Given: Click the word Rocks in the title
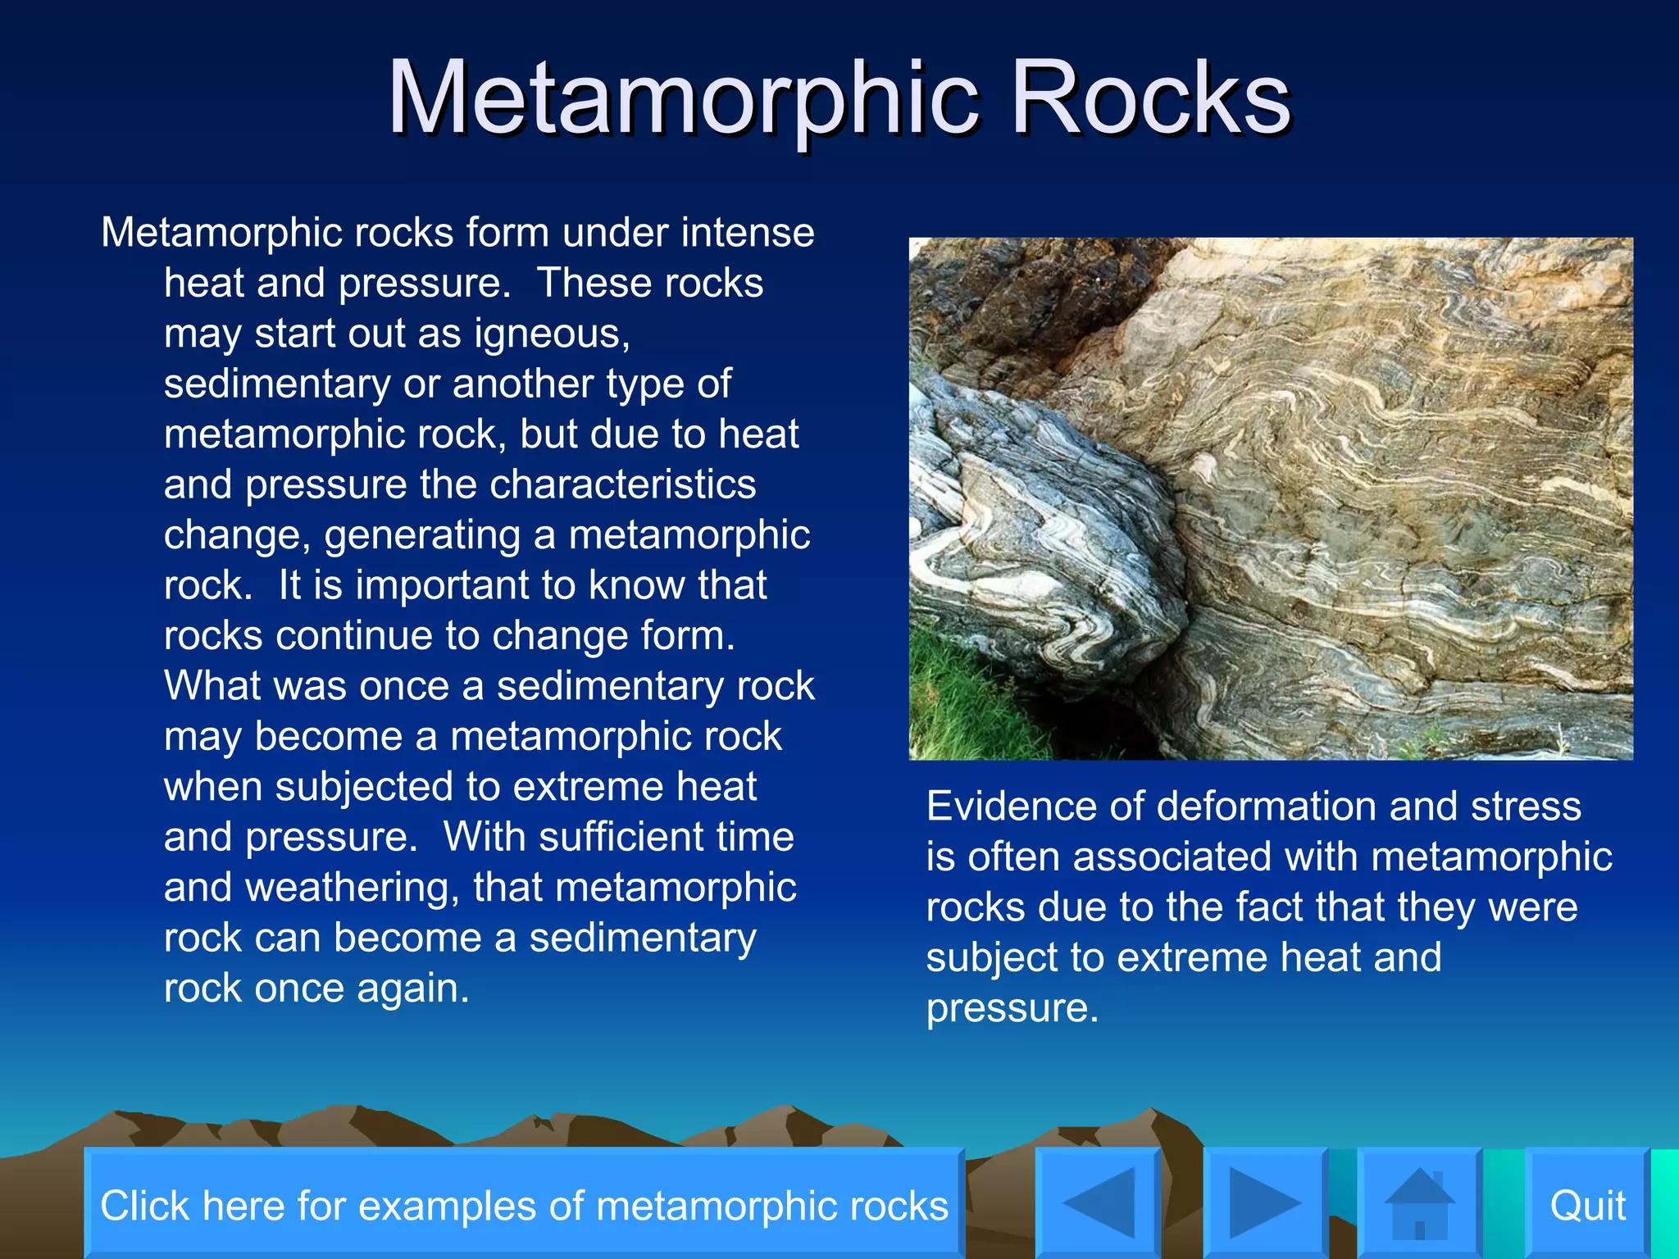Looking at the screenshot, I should click(x=1150, y=98).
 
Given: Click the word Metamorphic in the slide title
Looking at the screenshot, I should click(x=683, y=98).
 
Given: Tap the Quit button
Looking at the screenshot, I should click(x=1587, y=1205).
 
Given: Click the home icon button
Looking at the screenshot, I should click(x=1419, y=1203).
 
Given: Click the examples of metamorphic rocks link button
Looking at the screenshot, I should click(x=524, y=1205).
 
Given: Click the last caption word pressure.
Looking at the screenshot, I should click(x=1011, y=1008).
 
